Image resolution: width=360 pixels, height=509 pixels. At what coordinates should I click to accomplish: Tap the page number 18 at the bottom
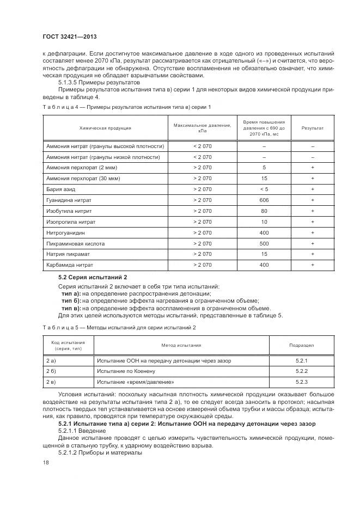46,463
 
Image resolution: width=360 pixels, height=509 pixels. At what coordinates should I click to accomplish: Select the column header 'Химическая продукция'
105,128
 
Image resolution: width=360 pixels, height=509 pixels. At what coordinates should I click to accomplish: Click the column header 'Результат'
313,128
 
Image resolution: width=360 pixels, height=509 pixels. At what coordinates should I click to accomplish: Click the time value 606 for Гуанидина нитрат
264,200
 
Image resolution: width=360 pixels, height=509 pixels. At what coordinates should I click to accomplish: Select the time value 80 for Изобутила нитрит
264,211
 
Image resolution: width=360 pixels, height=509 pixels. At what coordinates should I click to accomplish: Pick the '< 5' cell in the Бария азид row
264,189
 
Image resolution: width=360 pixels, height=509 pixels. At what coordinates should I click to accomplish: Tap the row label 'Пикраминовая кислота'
75,243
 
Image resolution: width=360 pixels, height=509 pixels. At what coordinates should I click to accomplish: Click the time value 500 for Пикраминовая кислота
264,243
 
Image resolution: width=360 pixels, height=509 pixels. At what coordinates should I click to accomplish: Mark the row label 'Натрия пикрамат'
68,254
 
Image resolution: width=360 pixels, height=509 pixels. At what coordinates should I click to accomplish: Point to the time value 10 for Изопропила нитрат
264,222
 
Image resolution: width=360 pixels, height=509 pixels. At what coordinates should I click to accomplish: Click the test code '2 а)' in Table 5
51,360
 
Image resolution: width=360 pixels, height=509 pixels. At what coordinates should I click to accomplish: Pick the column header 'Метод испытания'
181,345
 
